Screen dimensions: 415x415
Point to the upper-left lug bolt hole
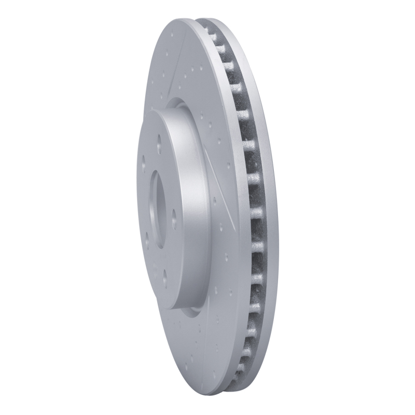(x=143, y=161)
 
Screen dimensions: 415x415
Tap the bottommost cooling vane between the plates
(x=238, y=371)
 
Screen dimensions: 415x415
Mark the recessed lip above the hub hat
(x=176, y=104)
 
